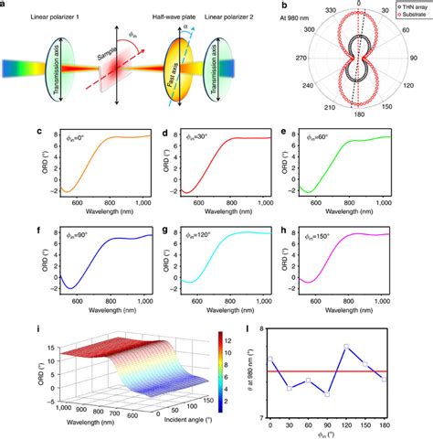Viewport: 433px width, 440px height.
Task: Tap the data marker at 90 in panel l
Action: [x=353, y=394]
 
